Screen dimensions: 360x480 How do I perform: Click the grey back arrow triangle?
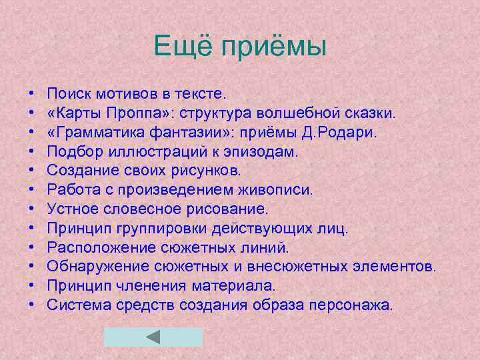[x=153, y=336]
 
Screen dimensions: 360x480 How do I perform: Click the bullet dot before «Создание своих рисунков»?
[x=32, y=171]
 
